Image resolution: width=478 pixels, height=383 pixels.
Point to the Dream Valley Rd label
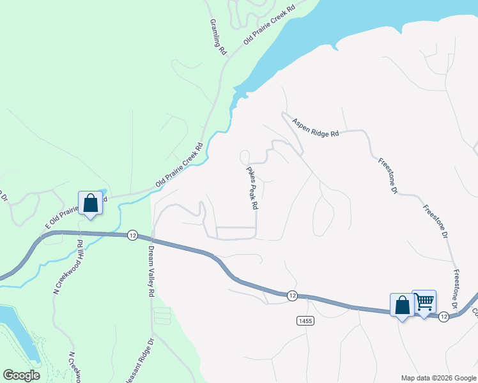[151, 271]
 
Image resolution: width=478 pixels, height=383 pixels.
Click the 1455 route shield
[304, 320]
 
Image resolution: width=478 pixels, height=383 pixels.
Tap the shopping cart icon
[424, 301]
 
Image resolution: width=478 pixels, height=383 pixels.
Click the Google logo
[21, 375]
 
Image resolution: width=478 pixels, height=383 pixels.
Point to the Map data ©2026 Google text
[438, 378]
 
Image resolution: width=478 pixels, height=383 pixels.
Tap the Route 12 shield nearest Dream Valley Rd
[132, 235]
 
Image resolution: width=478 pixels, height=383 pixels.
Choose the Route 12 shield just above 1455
[291, 295]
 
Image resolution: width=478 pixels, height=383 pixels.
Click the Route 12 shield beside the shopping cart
[443, 316]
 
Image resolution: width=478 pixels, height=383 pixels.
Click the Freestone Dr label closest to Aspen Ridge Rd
[387, 176]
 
